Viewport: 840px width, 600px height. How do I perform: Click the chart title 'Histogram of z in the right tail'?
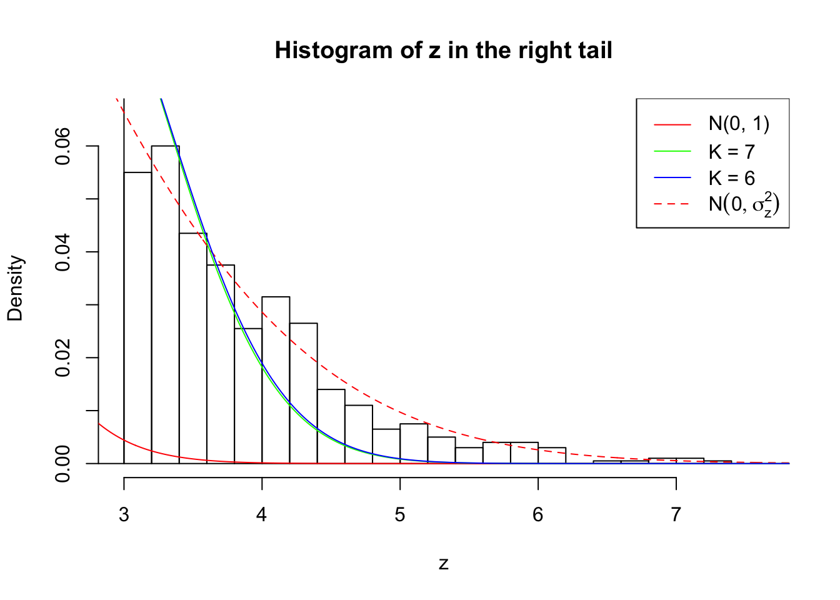[x=443, y=51]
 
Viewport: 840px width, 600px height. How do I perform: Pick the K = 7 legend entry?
[x=731, y=151]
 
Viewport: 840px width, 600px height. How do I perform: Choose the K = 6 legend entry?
[x=731, y=178]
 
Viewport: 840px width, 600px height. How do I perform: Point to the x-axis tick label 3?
[x=124, y=515]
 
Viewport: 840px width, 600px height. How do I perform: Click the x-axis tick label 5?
[x=400, y=515]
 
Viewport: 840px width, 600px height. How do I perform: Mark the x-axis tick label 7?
[x=676, y=515]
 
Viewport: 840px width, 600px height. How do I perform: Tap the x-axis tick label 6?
[x=538, y=515]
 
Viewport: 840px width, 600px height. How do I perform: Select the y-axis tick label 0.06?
[x=63, y=146]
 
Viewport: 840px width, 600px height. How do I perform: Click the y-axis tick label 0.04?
[x=63, y=252]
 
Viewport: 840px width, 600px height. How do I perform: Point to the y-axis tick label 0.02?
[x=63, y=358]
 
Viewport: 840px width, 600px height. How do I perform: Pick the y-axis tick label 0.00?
[x=63, y=464]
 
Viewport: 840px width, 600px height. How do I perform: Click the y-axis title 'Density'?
[x=15, y=288]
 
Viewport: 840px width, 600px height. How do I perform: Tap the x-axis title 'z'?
[x=443, y=564]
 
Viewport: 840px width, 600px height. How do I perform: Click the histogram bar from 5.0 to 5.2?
[x=414, y=445]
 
